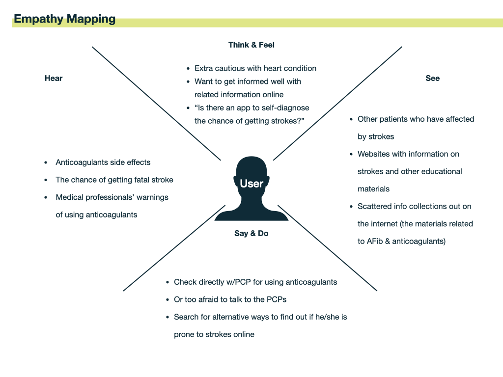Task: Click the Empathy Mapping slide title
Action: [x=64, y=19]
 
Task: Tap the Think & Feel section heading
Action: [x=251, y=45]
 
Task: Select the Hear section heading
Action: [x=54, y=78]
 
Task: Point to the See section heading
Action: [x=432, y=78]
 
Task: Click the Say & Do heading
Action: [x=251, y=233]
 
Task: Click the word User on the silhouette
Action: [x=251, y=184]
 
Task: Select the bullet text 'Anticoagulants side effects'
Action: [x=103, y=162]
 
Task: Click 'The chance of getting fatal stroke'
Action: [x=114, y=180]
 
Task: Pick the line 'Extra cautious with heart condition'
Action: [x=255, y=68]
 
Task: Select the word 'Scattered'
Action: [x=375, y=206]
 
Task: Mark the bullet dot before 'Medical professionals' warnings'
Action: [x=46, y=197]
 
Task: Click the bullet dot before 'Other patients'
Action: [x=351, y=119]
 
